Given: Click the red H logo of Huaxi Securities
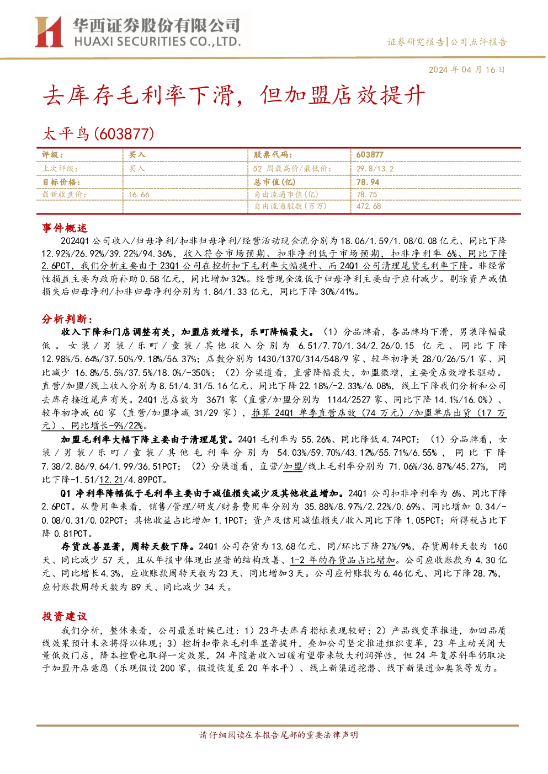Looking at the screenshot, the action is point(49,31).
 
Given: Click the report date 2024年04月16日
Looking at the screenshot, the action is point(467,70).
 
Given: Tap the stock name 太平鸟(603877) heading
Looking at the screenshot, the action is point(98,134).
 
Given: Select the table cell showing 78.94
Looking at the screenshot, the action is point(368,182).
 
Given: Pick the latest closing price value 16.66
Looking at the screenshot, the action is point(139,195).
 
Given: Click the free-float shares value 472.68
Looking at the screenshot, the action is point(369,206).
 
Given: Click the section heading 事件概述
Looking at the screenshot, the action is point(65,228).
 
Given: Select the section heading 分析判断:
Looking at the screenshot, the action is point(67,319).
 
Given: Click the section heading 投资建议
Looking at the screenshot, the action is point(65,616).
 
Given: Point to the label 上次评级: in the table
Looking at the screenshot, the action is point(60,169).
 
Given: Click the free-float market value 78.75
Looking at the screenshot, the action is point(367,195).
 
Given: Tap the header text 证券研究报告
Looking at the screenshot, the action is point(416,42).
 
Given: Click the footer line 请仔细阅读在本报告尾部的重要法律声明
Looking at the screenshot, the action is point(279,735).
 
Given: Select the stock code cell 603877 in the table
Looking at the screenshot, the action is point(370,155).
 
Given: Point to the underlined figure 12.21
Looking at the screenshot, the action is point(111,480).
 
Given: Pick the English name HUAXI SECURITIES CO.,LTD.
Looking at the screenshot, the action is point(157,42).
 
